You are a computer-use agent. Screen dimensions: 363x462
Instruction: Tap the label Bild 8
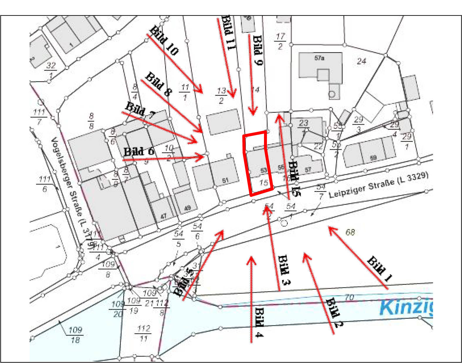pyautogui.click(x=158, y=84)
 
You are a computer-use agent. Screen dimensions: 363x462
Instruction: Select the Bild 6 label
pyautogui.click(x=139, y=151)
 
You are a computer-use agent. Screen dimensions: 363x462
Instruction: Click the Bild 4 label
pyautogui.click(x=259, y=322)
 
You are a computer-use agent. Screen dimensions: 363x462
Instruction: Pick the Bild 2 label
pyautogui.click(x=334, y=313)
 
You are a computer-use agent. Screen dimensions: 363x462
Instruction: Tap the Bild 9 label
pyautogui.click(x=258, y=50)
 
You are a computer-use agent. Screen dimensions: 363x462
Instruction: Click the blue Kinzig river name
pyautogui.click(x=406, y=307)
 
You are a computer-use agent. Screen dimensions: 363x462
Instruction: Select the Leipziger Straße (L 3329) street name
pyautogui.click(x=378, y=185)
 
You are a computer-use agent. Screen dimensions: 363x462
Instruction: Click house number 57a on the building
pyautogui.click(x=319, y=58)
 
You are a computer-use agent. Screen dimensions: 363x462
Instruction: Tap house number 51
pyautogui.click(x=225, y=180)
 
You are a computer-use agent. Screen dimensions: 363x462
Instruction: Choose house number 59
pyautogui.click(x=373, y=158)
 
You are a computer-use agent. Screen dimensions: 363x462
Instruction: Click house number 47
pyautogui.click(x=163, y=217)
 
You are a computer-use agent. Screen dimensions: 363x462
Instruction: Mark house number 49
pyautogui.click(x=187, y=208)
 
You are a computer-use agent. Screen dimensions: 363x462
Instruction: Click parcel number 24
pyautogui.click(x=361, y=61)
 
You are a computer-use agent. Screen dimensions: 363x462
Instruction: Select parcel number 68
pyautogui.click(x=350, y=232)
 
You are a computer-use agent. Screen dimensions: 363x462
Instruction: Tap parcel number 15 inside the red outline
pyautogui.click(x=264, y=183)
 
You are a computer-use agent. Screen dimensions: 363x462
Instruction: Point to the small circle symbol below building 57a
pyautogui.click(x=332, y=94)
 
